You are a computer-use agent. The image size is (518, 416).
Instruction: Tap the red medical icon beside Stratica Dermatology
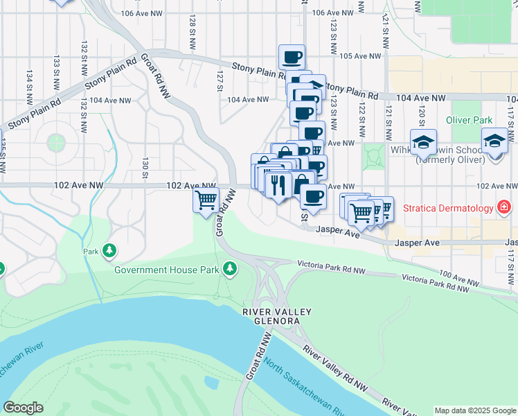click(504, 207)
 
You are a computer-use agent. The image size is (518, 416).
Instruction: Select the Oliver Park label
click(469, 120)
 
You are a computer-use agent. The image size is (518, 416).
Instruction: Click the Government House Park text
click(167, 269)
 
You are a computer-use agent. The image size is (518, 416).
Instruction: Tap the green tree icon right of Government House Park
click(229, 268)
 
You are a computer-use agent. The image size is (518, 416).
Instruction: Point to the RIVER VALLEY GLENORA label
click(271, 317)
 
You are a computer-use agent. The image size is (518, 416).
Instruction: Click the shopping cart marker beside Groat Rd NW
click(206, 200)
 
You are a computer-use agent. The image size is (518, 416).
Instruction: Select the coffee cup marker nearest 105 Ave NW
click(292, 57)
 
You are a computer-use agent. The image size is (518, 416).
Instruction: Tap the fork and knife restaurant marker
click(278, 184)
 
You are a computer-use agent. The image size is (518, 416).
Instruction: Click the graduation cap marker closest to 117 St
click(496, 141)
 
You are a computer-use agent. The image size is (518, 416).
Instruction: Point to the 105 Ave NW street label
click(361, 56)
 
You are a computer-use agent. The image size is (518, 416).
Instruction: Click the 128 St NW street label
click(191, 32)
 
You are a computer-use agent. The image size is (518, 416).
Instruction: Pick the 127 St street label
click(220, 80)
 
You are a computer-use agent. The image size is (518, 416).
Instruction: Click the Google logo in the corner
click(23, 408)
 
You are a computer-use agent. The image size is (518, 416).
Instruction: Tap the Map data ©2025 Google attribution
click(475, 410)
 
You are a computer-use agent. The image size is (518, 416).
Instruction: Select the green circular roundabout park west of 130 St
click(56, 142)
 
